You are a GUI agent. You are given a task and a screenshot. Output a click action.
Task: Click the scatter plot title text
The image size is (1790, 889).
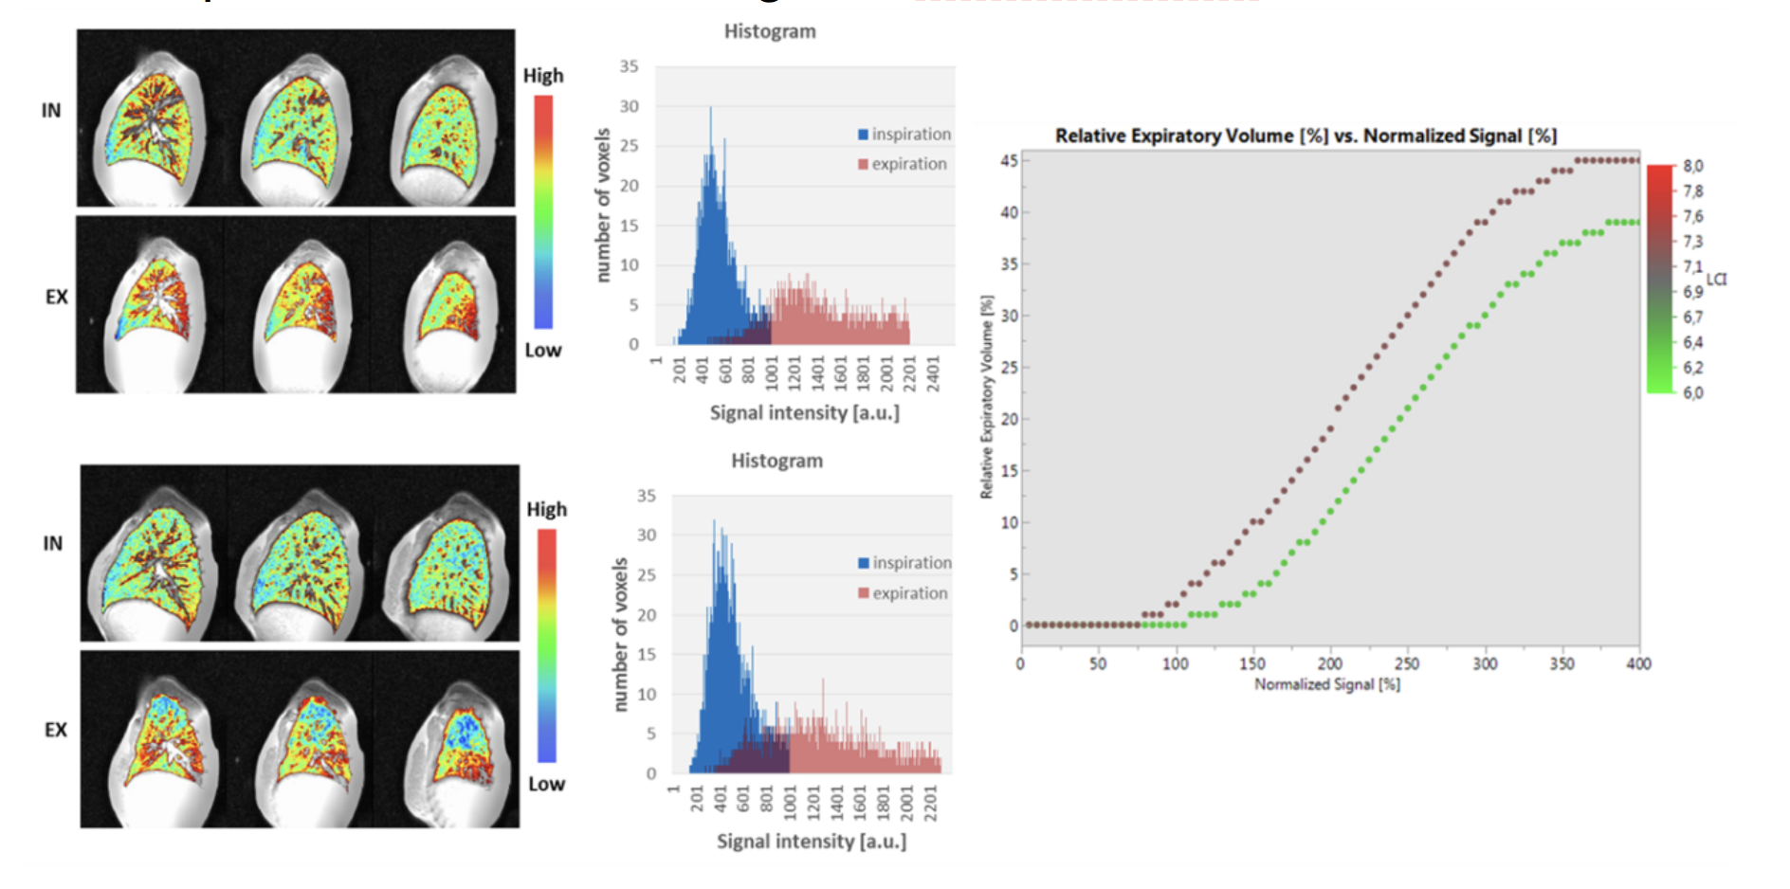(1306, 136)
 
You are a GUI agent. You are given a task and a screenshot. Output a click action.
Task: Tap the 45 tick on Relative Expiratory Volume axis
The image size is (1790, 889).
(1009, 161)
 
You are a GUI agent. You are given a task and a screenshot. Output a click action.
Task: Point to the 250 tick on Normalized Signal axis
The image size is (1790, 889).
(1407, 664)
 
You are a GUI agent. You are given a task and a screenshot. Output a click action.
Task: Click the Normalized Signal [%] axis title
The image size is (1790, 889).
(1327, 684)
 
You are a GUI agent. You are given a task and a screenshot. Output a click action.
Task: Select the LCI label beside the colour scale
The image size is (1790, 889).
(1717, 280)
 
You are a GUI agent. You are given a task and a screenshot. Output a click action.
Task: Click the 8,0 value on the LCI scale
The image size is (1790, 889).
(1693, 166)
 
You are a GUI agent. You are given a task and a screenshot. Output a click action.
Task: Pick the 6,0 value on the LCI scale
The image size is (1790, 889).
(1693, 392)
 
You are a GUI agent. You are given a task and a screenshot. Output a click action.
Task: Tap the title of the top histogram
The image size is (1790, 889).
(770, 31)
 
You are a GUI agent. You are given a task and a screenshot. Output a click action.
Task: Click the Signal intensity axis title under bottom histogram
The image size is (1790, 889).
(812, 842)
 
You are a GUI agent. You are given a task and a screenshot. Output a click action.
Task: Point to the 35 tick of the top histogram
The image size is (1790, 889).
(630, 66)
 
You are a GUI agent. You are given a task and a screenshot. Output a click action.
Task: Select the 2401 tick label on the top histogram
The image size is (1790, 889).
(933, 369)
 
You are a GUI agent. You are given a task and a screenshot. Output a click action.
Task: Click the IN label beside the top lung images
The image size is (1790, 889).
(51, 111)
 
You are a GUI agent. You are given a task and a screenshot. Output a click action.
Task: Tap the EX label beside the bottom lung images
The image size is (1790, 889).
(56, 730)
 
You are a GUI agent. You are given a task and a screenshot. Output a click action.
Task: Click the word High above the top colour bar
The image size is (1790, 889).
(543, 76)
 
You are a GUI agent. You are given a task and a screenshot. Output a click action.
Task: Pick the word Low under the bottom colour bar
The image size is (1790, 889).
(546, 784)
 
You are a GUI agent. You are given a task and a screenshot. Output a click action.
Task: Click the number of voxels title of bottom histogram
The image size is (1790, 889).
(620, 634)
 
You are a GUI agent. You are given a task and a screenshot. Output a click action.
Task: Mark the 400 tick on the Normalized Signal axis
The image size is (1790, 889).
(1639, 664)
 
